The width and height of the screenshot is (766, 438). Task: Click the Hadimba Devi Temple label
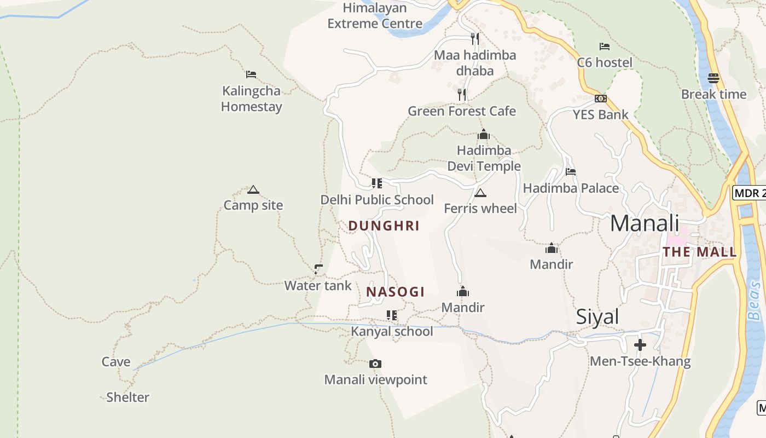484,158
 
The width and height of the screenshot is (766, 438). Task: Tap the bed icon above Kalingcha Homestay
251,74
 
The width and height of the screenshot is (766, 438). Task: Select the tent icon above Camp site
253,189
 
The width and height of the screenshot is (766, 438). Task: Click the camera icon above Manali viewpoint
375,364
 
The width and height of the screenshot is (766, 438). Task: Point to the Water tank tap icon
318,269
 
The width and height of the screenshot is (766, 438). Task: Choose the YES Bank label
600,114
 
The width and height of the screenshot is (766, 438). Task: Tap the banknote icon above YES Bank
601,99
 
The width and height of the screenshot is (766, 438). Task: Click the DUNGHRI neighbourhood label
384,226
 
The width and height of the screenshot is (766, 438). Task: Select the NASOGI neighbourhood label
395,292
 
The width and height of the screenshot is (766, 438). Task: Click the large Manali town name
645,223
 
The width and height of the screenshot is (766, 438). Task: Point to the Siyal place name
597,317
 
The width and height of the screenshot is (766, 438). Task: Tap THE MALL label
699,252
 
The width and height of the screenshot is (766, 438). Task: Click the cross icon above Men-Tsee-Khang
640,345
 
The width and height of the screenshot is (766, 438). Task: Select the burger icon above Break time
713,78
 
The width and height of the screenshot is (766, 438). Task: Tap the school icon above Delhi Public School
376,183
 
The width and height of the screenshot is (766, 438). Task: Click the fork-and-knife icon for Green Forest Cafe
462,95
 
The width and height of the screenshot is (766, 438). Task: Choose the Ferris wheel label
480,209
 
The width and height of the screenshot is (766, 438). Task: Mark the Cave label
116,362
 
